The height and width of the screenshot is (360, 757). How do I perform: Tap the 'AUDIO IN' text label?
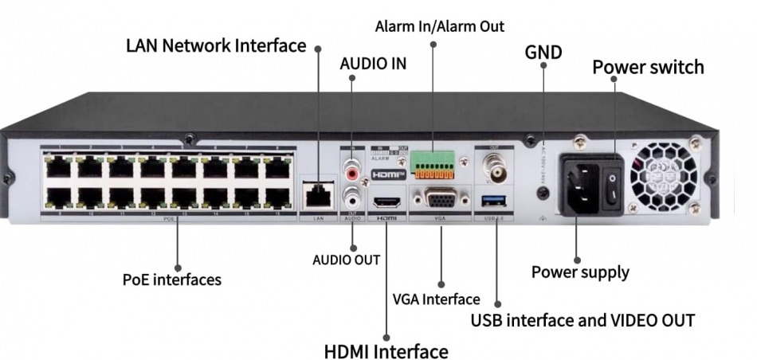(x=373, y=64)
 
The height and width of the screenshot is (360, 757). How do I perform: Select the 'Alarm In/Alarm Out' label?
(x=439, y=26)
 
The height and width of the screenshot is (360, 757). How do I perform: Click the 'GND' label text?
(x=543, y=53)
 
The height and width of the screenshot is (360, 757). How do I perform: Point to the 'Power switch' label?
(x=648, y=67)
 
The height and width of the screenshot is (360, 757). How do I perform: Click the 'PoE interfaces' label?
(x=171, y=280)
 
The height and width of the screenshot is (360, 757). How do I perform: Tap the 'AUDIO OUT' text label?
(x=346, y=260)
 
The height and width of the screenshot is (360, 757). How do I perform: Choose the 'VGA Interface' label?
(x=436, y=299)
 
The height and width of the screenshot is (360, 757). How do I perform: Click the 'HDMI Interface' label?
(x=386, y=350)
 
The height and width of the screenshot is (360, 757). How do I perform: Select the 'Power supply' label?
(x=580, y=272)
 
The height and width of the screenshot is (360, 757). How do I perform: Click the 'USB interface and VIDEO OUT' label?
(x=582, y=320)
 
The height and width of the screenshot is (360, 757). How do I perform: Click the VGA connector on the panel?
(x=441, y=197)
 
